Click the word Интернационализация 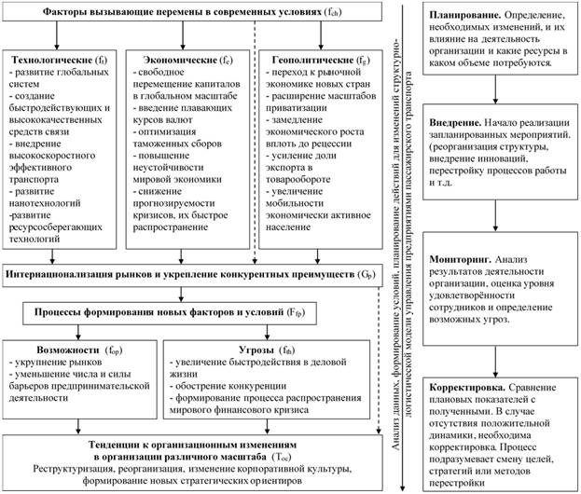[x=67, y=276]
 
